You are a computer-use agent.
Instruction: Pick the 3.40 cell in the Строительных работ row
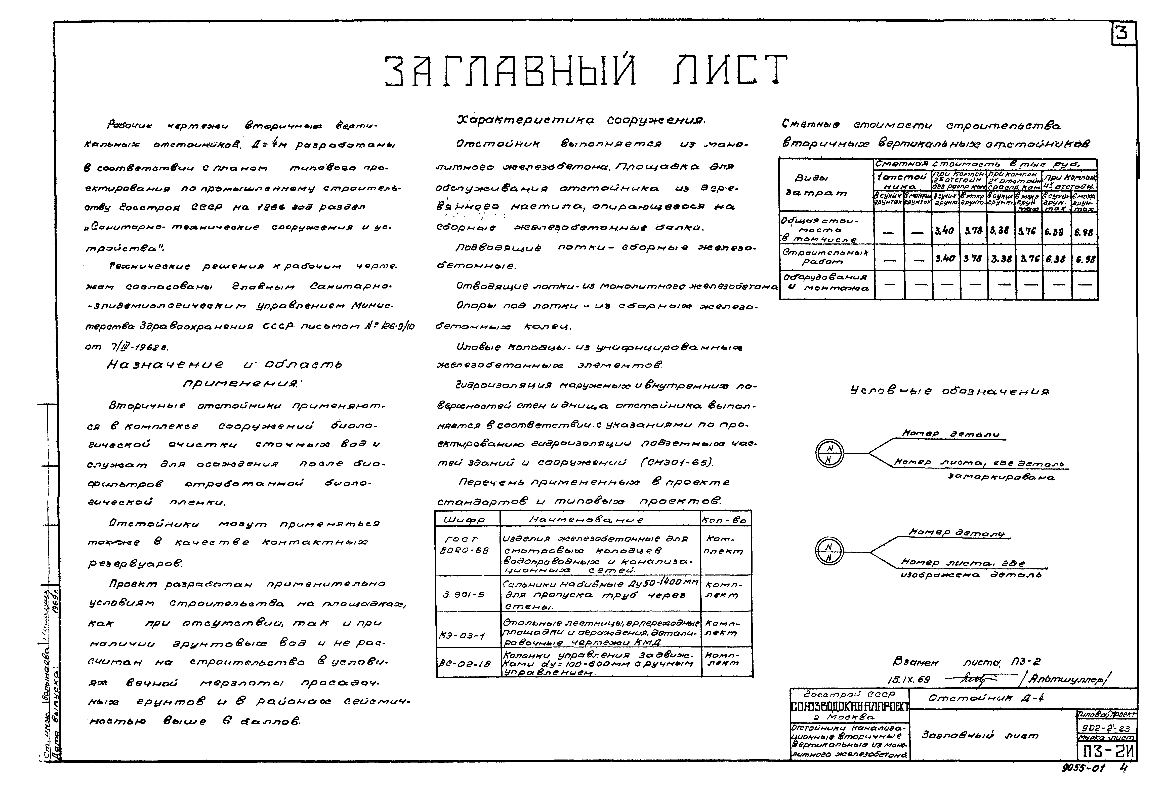tap(945, 259)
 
